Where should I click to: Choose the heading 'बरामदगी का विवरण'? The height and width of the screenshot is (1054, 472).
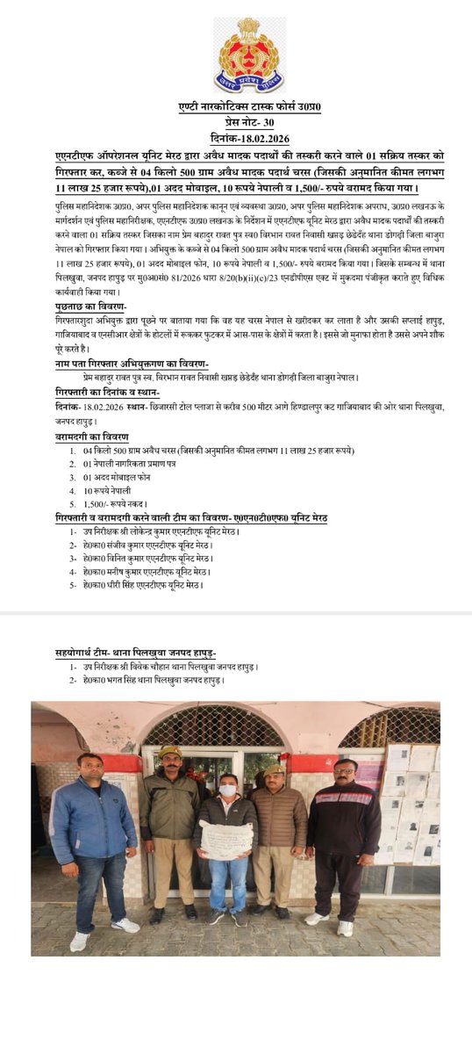[x=91, y=437]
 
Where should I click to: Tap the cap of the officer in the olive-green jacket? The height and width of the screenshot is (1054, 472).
[x=170, y=752]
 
